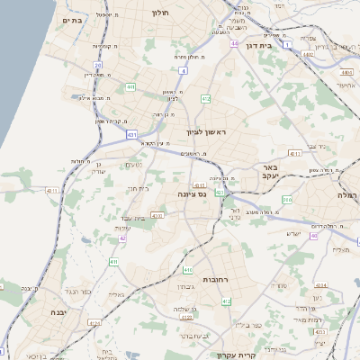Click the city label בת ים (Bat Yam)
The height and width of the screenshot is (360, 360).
click(x=73, y=18)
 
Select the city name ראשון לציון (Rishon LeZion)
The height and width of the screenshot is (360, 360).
click(x=207, y=133)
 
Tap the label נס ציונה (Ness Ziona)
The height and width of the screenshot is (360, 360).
click(x=188, y=193)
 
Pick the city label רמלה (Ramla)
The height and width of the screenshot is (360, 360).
click(x=347, y=194)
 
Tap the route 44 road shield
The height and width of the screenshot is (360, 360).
click(x=234, y=43)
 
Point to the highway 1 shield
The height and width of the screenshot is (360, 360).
click(x=286, y=43)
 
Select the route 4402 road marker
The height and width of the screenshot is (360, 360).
click(x=308, y=55)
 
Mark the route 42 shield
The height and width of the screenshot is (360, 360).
click(x=123, y=238)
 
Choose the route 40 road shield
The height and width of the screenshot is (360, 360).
click(x=313, y=236)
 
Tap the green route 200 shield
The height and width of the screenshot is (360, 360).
click(x=287, y=200)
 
